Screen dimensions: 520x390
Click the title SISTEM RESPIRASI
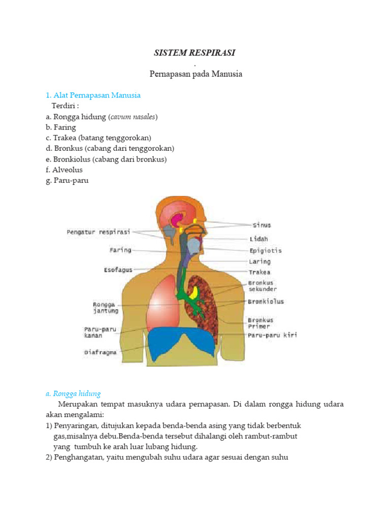click(195, 53)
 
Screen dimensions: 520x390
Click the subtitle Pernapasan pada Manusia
click(196, 74)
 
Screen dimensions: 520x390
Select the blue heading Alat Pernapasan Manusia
click(96, 95)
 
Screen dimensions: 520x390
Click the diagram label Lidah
click(259, 239)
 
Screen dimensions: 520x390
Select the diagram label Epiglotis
click(265, 250)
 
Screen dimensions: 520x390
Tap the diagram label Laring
click(259, 262)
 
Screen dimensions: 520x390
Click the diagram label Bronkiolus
click(266, 301)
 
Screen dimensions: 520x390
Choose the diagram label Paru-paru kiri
click(272, 335)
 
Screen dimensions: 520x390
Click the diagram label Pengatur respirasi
click(99, 232)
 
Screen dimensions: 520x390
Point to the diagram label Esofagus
click(118, 270)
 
